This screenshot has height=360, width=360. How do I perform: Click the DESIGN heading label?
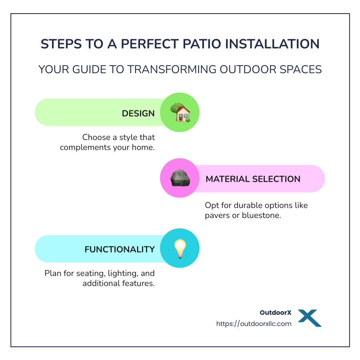tap(138, 113)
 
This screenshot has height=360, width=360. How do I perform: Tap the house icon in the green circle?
tap(180, 112)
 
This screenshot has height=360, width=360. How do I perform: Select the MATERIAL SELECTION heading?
tap(253, 179)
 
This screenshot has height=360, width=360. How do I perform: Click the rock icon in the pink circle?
tap(180, 178)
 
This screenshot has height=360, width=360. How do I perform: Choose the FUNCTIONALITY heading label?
tap(119, 249)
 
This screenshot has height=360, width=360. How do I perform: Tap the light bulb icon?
tap(180, 248)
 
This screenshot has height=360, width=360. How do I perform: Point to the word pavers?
tap(219, 216)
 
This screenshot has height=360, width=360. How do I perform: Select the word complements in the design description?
tap(83, 148)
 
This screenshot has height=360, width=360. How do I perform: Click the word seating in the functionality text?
tap(90, 274)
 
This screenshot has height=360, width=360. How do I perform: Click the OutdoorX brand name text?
tap(276, 313)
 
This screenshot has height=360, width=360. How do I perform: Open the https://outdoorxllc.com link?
tap(254, 324)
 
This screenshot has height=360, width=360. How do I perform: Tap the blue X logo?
tap(310, 318)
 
